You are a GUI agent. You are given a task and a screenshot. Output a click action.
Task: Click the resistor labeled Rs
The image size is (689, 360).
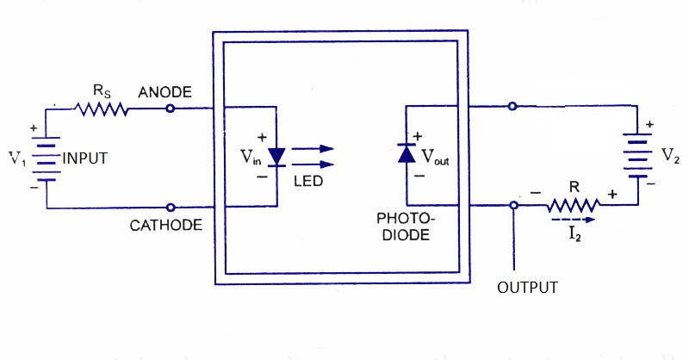pos(101,109)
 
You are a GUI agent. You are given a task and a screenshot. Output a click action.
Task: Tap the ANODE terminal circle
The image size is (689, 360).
pos(171,109)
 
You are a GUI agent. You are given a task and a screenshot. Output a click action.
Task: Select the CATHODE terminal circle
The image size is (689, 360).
pos(171,208)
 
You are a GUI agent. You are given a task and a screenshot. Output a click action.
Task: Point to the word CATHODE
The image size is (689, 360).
pos(166,226)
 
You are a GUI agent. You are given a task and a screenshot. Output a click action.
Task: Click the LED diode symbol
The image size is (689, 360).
pos(276,156)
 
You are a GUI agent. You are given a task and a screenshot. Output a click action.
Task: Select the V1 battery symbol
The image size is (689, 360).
pos(47,158)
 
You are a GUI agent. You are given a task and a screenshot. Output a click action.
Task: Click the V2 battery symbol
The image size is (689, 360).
pos(637,156)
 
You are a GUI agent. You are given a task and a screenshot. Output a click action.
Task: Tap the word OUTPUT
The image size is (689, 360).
pos(528,287)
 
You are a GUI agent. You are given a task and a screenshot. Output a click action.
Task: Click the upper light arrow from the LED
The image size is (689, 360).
pos(313,148)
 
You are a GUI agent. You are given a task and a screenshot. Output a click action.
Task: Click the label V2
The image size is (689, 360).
pos(669,156)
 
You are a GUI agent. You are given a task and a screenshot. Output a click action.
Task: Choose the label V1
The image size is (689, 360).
pos(18,158)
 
